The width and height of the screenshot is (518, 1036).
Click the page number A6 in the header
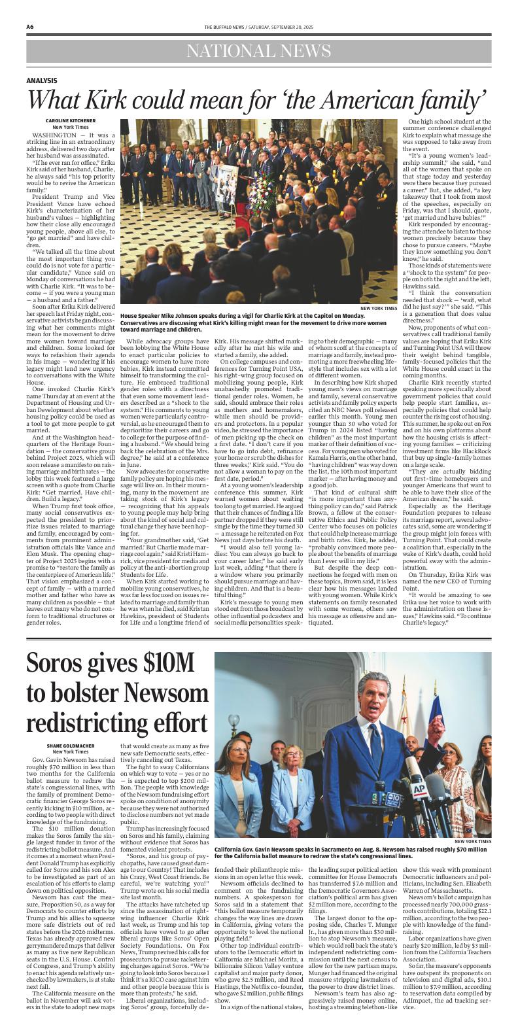(31, 27)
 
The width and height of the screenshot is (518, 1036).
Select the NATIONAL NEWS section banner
(258, 51)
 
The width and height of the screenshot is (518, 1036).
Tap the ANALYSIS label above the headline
(42, 80)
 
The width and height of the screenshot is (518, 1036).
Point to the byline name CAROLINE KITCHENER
(52, 121)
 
